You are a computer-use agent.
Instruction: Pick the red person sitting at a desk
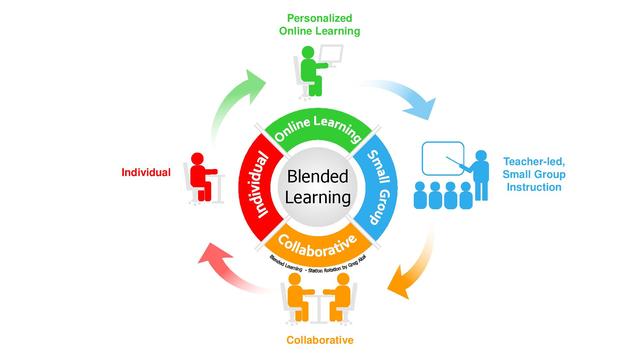point(200,174)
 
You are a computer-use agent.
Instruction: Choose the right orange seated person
point(342,297)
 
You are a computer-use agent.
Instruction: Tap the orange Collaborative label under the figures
point(319,341)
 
